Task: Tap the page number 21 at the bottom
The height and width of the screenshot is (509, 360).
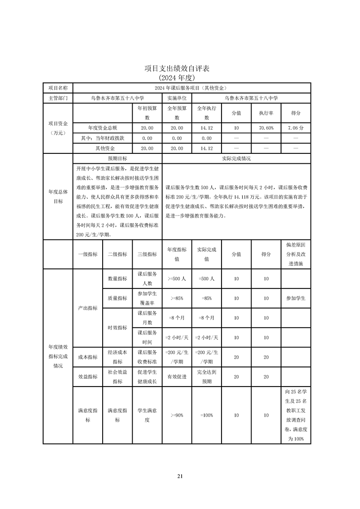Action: pyautogui.click(x=180, y=476)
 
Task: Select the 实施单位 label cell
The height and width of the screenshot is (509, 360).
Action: pyautogui.click(x=177, y=98)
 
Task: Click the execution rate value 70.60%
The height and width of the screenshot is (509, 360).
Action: pyautogui.click(x=266, y=128)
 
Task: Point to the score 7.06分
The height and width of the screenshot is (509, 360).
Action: pyautogui.click(x=296, y=128)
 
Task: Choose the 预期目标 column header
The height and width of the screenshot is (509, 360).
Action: pyautogui.click(x=117, y=159)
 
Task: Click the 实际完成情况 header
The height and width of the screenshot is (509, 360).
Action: pyautogui.click(x=236, y=159)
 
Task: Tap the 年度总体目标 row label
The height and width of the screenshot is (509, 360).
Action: pyautogui.click(x=58, y=196)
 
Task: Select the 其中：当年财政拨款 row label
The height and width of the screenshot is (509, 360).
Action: pyautogui.click(x=102, y=138)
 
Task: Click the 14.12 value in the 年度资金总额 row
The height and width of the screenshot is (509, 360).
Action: pyautogui.click(x=207, y=128)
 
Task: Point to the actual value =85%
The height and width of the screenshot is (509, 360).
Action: pyautogui.click(x=207, y=298)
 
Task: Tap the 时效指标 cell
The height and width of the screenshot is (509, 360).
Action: pyautogui.click(x=117, y=328)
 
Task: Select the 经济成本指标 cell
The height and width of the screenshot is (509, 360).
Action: pyautogui.click(x=117, y=357)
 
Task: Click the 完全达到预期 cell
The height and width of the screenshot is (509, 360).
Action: pyautogui.click(x=207, y=377)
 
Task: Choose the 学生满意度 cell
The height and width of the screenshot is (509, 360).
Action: pyautogui.click(x=147, y=415)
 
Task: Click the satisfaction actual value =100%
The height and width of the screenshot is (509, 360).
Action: pyautogui.click(x=207, y=415)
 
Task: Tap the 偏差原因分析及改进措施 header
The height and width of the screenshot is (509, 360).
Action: pyautogui.click(x=296, y=254)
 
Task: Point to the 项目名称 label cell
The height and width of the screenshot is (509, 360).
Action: pyautogui.click(x=58, y=88)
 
